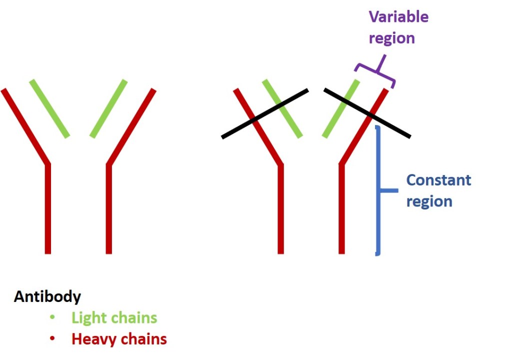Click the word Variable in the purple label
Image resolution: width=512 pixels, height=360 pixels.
398,17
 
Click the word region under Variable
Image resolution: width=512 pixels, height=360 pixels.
391,38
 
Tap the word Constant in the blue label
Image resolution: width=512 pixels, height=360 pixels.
438,180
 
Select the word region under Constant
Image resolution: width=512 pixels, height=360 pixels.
429,201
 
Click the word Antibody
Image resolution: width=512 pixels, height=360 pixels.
47,296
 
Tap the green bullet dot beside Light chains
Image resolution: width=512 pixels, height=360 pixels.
52,317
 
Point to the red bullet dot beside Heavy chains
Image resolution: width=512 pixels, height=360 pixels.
52,339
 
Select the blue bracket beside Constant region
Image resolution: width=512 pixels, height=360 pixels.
378,190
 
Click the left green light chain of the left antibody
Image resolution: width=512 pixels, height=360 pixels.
49,108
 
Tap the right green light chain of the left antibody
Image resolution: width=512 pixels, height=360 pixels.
108,108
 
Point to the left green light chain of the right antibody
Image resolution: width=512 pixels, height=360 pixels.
282,108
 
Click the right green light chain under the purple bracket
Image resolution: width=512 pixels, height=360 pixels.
341,108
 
